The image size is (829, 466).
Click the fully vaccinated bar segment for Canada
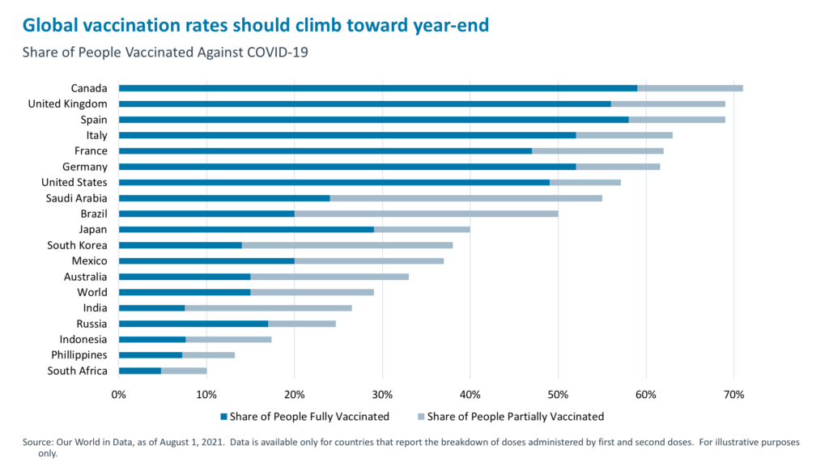click(x=377, y=88)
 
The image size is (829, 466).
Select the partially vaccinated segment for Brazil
click(x=426, y=214)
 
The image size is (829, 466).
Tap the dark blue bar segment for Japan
click(x=246, y=229)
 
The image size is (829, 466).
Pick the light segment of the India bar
click(x=268, y=307)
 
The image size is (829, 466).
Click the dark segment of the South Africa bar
click(x=139, y=371)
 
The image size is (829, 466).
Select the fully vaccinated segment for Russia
click(x=193, y=324)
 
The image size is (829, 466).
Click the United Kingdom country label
click(x=67, y=104)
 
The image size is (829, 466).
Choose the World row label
click(x=92, y=292)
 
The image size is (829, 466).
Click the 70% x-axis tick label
click(x=733, y=395)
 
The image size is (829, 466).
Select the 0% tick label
click(x=119, y=395)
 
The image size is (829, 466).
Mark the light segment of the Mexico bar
click(x=368, y=261)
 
